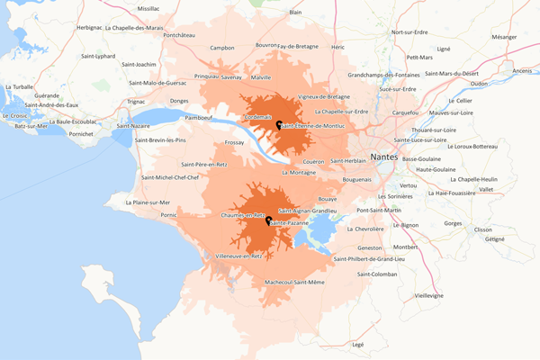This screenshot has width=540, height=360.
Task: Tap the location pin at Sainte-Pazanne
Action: (268, 219)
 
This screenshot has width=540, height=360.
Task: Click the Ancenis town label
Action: (523, 70)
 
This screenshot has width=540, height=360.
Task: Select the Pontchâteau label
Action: (179, 34)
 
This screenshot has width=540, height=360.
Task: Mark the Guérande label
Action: (47, 94)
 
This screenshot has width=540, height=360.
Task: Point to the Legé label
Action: (357, 344)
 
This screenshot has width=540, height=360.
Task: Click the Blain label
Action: (295, 13)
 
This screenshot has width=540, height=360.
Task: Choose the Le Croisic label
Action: (15, 115)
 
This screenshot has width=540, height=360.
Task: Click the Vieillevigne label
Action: (428, 294)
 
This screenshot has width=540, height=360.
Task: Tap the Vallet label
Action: (486, 189)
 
